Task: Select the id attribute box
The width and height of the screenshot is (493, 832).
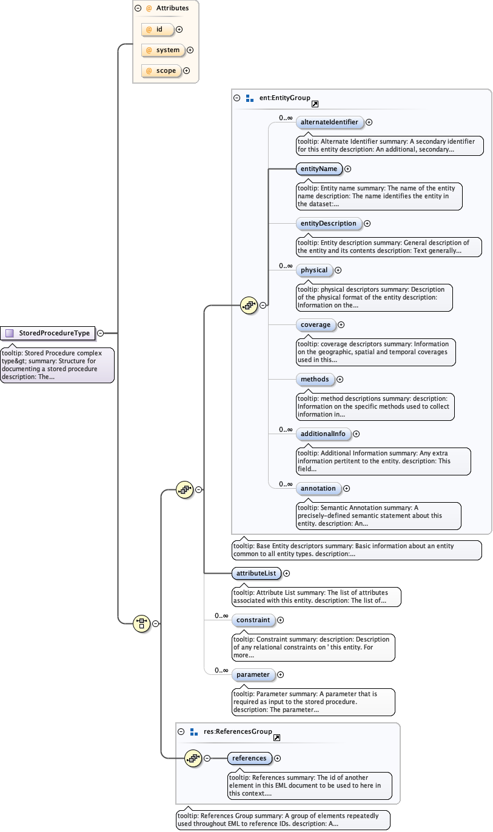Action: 157,29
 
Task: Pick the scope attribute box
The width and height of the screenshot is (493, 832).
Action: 161,71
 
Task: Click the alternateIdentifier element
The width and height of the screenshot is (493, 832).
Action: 329,122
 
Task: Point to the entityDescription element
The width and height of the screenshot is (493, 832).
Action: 329,223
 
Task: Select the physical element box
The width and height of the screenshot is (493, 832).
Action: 314,270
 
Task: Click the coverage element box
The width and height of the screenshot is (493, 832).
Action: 315,324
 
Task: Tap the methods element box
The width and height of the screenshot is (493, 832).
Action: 315,379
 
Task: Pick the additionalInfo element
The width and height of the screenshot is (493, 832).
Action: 323,434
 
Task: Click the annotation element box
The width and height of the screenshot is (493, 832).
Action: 318,488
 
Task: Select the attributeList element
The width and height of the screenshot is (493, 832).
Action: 256,572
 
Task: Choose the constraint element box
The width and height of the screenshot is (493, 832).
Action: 253,620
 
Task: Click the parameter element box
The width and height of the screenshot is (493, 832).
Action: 253,674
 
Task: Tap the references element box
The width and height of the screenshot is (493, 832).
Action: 249,758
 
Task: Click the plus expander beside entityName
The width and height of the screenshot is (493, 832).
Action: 348,169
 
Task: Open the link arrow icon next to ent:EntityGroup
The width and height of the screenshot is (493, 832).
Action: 315,104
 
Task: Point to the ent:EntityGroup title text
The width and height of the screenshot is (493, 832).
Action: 284,98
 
